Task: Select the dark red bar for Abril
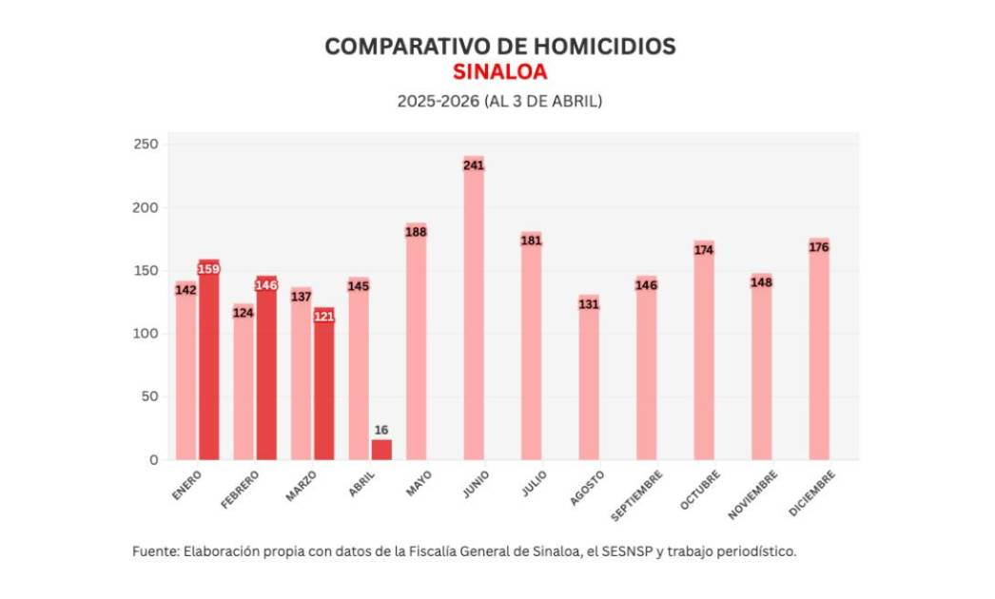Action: [x=381, y=450]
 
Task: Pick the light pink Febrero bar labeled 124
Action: [x=244, y=385]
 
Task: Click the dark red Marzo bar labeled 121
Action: [x=324, y=390]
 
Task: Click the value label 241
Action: [x=474, y=164]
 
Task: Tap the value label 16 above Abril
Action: [x=381, y=430]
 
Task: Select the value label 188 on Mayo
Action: [x=416, y=231]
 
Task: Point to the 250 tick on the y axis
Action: [x=149, y=145]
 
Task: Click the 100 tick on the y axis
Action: [x=149, y=334]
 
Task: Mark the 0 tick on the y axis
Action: [x=153, y=460]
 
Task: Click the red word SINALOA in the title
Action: [x=499, y=72]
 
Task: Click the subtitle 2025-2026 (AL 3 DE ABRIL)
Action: [x=499, y=100]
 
